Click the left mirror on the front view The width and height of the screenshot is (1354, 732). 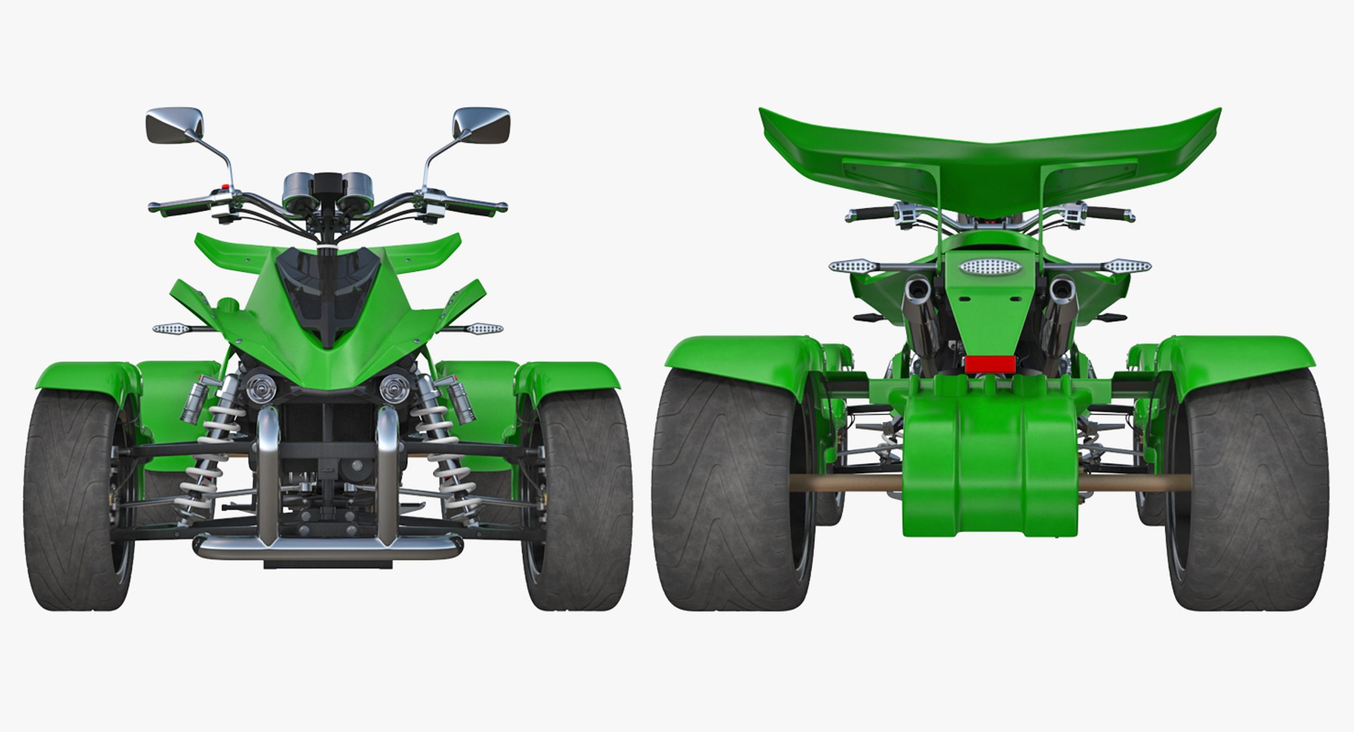[174, 125]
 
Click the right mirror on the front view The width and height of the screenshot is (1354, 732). [481, 125]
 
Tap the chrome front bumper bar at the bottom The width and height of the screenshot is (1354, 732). [328, 545]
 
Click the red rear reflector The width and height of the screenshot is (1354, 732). [990, 365]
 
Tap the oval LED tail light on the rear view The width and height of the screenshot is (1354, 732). [989, 267]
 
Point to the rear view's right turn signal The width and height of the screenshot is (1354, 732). [1126, 266]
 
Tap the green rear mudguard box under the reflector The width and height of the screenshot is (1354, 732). [989, 465]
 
